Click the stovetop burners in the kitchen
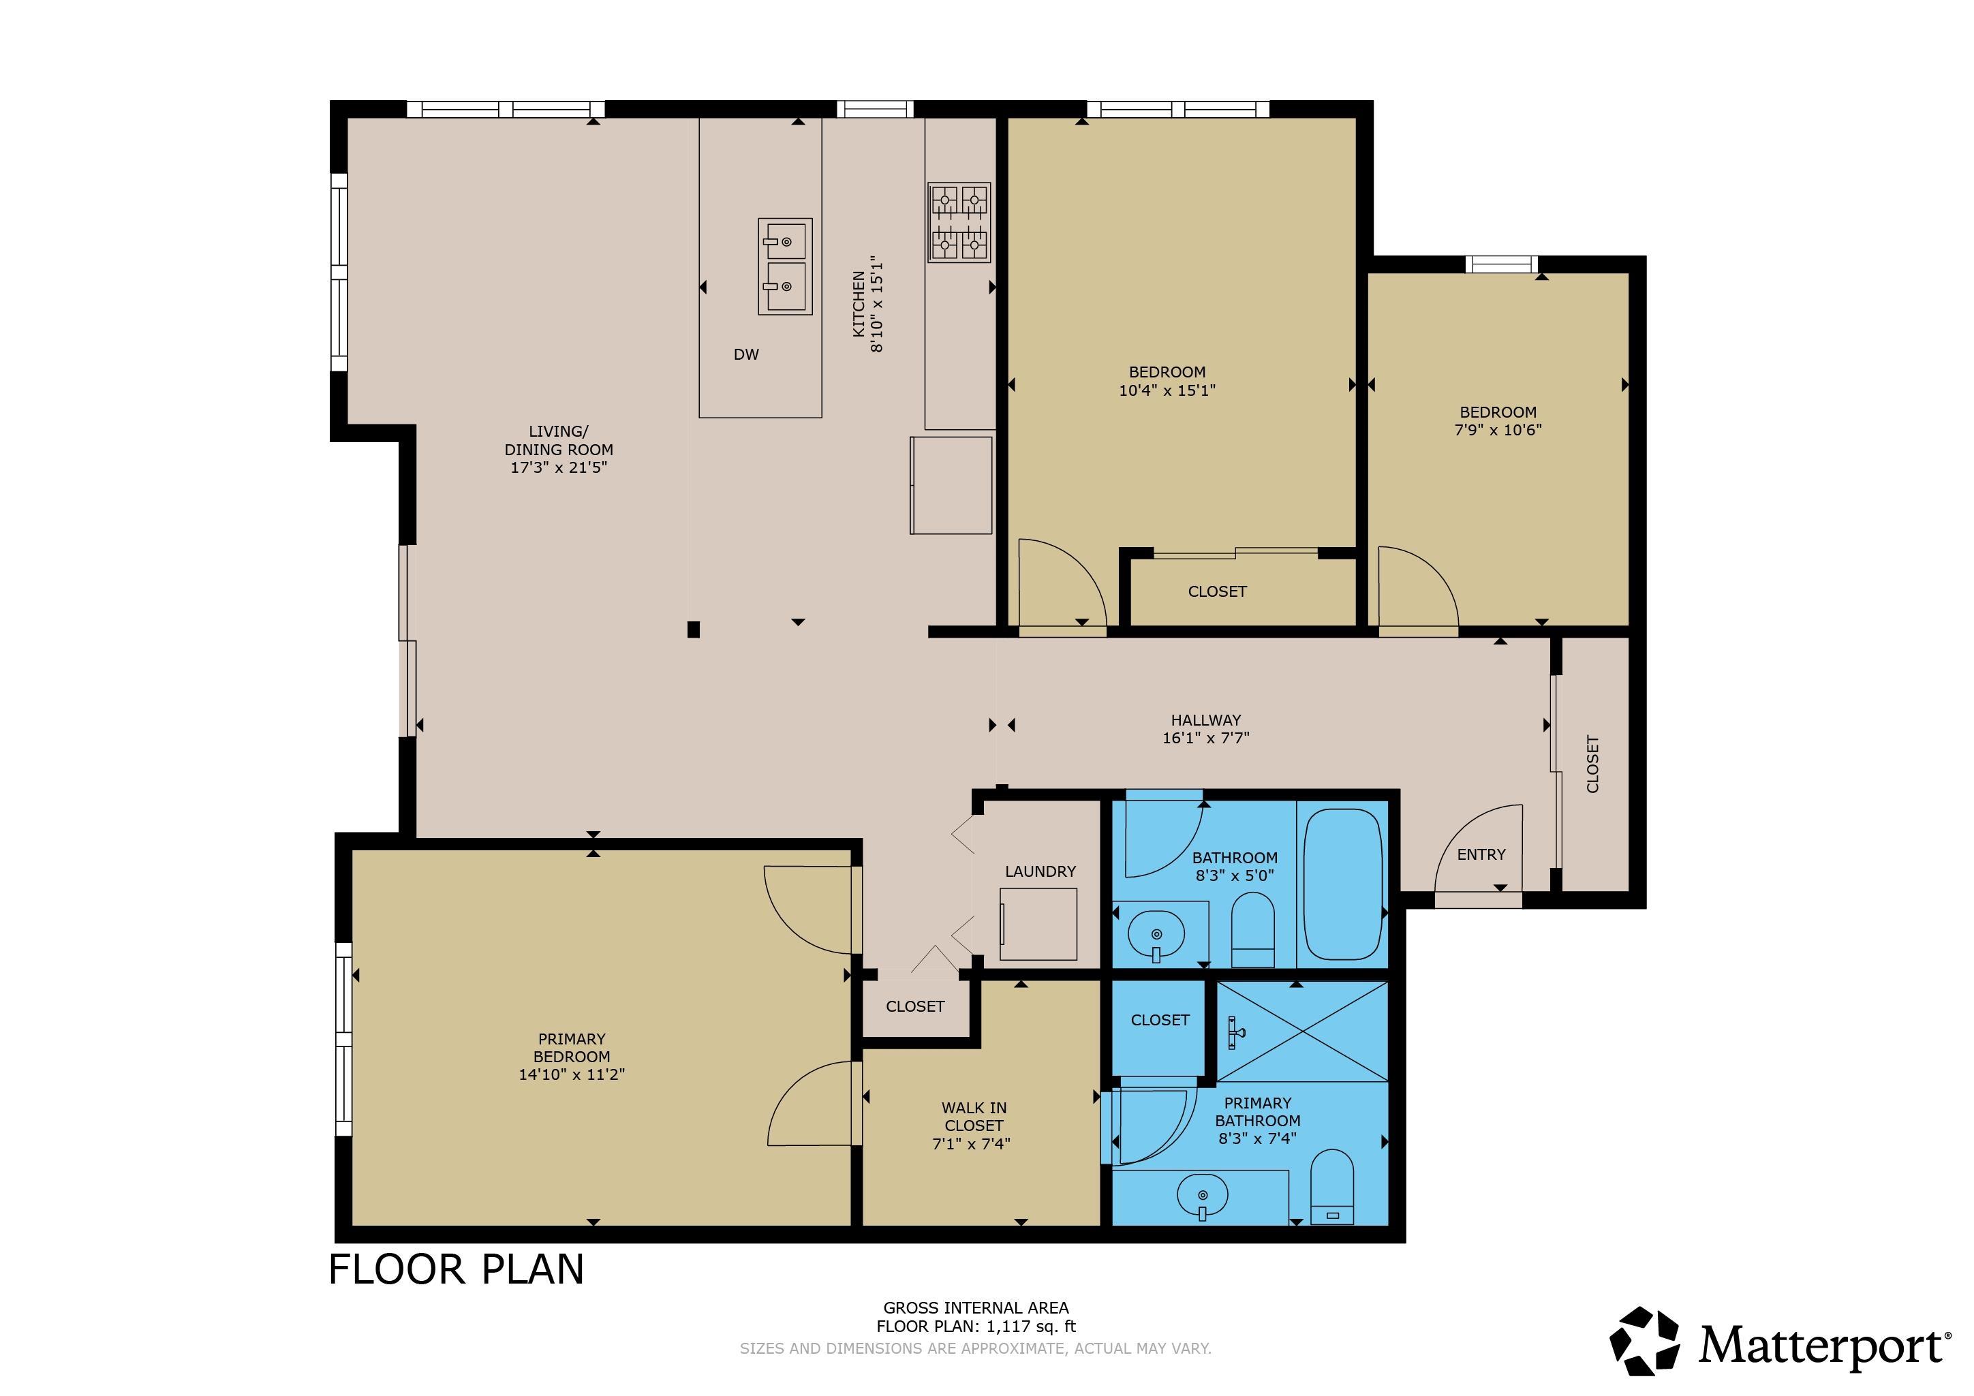click(x=959, y=222)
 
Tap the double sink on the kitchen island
click(x=785, y=266)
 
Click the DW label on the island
click(x=746, y=354)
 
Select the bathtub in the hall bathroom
click(x=1343, y=884)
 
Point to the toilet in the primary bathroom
click(x=1331, y=1186)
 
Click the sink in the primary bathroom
click(x=1202, y=1196)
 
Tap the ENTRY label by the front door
click(x=1481, y=854)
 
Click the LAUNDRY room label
click(x=1040, y=871)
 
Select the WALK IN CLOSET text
click(x=974, y=1117)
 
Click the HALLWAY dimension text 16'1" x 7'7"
click(x=1205, y=738)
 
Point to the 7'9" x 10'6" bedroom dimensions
click(x=1498, y=430)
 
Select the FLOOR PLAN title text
click(x=457, y=1270)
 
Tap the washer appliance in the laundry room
click(x=1038, y=924)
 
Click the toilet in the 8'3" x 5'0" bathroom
click(x=1252, y=930)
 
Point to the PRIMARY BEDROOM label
click(x=572, y=1048)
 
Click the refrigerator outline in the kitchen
click(x=951, y=486)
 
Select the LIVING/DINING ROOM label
click(x=559, y=440)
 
